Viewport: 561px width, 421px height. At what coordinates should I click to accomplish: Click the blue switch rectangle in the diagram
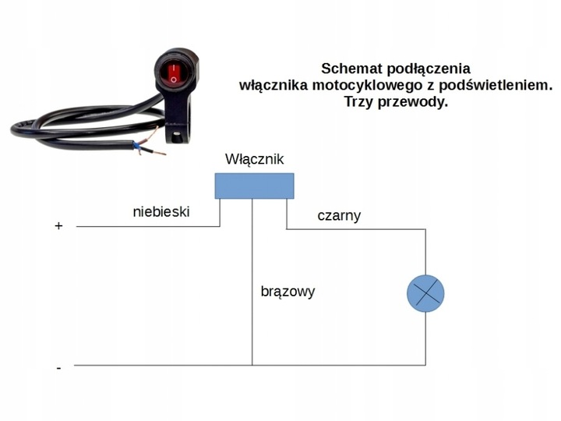(254, 186)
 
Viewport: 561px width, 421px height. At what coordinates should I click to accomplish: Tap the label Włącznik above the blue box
(254, 159)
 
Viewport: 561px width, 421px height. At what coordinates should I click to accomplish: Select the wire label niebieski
(161, 211)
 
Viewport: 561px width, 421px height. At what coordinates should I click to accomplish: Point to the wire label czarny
(339, 216)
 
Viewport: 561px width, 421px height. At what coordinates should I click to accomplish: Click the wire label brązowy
(288, 292)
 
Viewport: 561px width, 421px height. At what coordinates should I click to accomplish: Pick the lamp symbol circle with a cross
(425, 294)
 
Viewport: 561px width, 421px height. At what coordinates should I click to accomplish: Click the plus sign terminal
(58, 226)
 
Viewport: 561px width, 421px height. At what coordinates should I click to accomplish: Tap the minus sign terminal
(58, 366)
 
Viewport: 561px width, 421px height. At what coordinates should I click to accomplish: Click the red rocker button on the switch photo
(172, 74)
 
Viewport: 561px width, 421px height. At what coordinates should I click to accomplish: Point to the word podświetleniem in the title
(494, 85)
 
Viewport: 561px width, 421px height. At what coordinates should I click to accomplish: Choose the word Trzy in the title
(359, 101)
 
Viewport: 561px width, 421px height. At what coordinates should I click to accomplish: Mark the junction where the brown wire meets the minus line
(252, 365)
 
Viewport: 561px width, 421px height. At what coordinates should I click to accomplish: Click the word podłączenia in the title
(424, 69)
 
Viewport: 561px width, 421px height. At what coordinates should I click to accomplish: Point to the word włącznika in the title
(270, 85)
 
